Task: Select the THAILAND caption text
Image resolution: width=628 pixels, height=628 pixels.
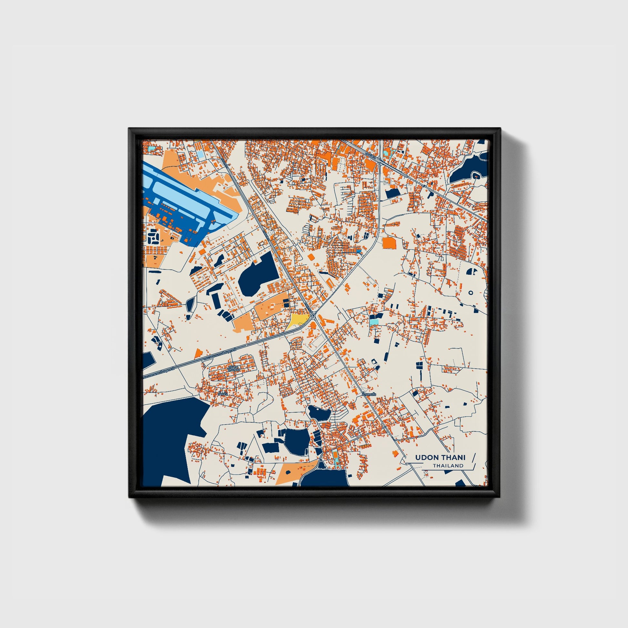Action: (448, 466)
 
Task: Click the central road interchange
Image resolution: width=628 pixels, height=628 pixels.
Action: (314, 315)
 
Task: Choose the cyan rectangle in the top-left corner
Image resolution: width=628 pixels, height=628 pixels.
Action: (151, 148)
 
